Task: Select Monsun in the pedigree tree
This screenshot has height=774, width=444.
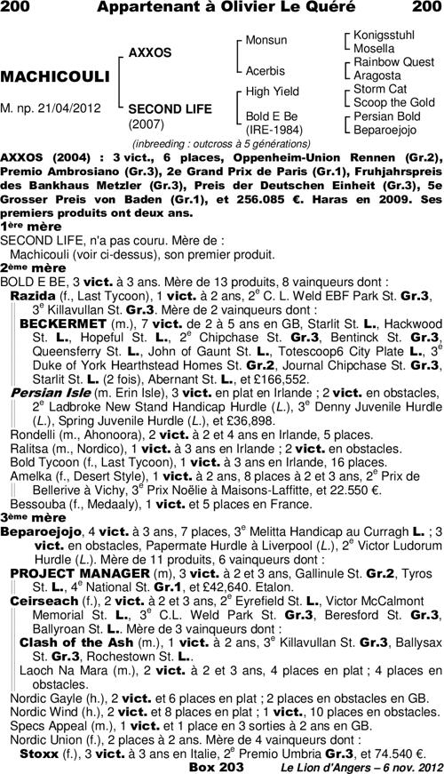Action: click(266, 40)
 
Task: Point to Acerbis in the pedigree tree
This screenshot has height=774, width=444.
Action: click(265, 69)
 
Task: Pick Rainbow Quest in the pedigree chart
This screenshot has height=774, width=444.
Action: click(393, 62)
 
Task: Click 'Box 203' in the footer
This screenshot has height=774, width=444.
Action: click(216, 766)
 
